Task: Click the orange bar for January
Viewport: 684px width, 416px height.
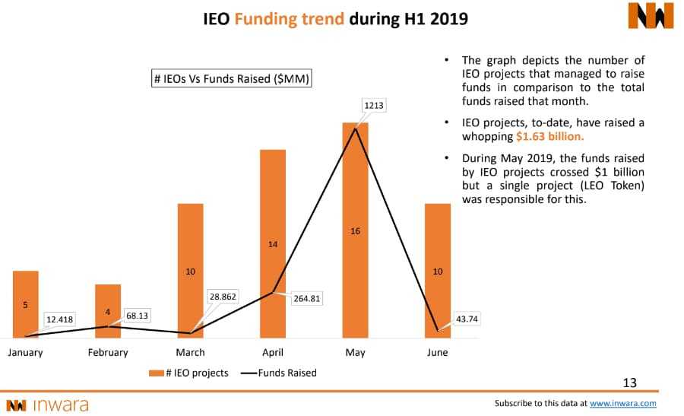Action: click(x=25, y=303)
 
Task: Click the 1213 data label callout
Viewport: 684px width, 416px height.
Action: click(x=373, y=105)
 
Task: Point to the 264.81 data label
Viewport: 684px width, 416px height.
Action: click(x=306, y=299)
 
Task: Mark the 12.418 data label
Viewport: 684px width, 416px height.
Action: click(x=59, y=319)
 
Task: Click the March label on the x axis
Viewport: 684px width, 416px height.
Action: click(x=190, y=352)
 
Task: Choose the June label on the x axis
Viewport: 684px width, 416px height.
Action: click(x=438, y=352)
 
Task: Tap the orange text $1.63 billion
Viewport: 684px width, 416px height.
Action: click(x=549, y=137)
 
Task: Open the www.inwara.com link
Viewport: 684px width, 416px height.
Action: click(x=622, y=404)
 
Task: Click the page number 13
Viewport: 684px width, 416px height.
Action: click(x=629, y=383)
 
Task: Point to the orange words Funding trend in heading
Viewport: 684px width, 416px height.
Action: click(x=290, y=17)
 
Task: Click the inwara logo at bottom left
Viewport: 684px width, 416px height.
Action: click(x=47, y=405)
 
